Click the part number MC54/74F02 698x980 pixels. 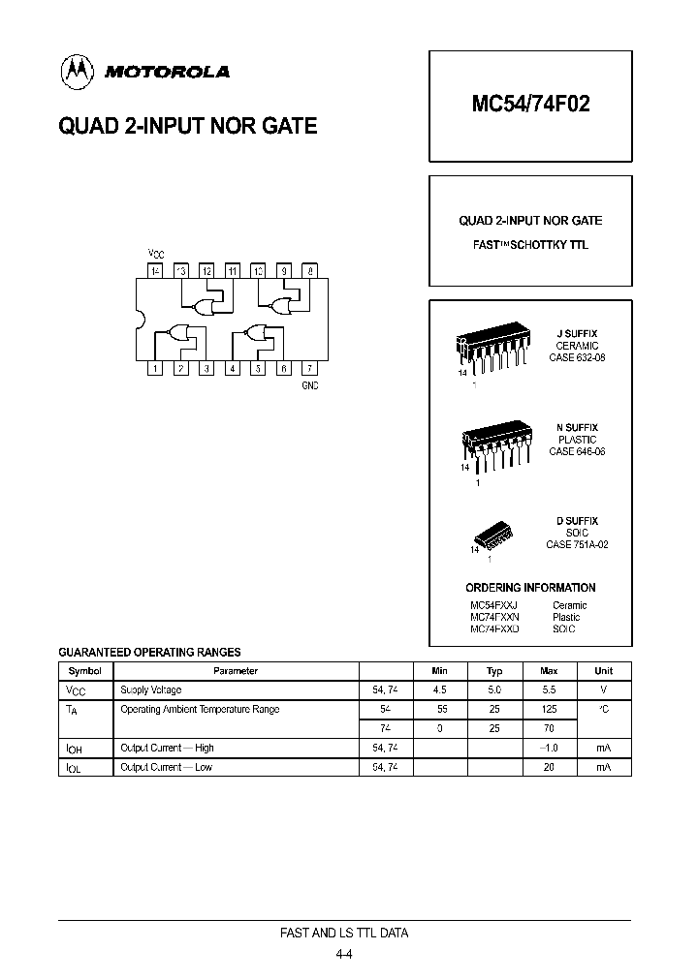530,105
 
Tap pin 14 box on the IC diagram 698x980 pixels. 156,271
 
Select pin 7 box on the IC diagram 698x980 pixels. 308,368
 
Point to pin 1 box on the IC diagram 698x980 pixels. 156,368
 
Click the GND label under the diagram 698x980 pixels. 309,385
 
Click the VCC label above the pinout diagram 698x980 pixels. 155,254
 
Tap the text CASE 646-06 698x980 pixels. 577,452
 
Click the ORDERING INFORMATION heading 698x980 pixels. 530,588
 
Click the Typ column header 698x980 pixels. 494,670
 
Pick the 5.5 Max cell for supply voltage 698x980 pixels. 549,690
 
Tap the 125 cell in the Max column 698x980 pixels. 549,710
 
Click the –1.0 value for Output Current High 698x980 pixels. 549,748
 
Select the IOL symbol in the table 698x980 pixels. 74,768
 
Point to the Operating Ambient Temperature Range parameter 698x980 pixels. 200,710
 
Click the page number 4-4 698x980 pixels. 344,954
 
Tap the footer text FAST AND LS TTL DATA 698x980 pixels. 344,934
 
